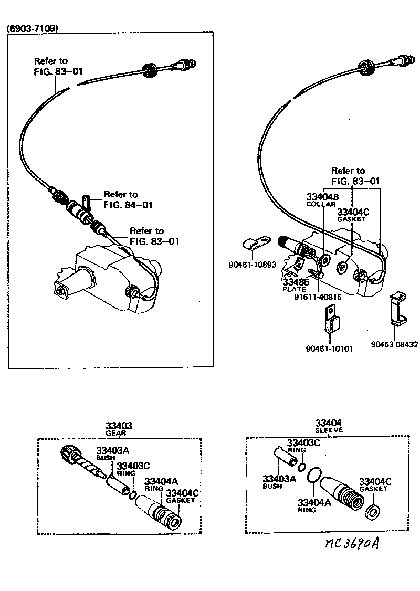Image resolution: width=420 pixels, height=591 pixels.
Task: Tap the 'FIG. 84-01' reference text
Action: tap(128, 205)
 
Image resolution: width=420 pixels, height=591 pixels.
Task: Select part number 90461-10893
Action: tap(252, 265)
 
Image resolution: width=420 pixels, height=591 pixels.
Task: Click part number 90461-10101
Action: tap(329, 348)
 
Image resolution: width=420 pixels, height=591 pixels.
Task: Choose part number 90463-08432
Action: tap(394, 345)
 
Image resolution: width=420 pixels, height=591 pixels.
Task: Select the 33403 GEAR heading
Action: tap(119, 429)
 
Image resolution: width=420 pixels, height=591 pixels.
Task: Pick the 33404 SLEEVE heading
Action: tap(329, 426)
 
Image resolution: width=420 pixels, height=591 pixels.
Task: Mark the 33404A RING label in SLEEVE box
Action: tap(313, 505)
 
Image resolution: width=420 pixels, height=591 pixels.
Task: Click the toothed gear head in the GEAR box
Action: tap(69, 452)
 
